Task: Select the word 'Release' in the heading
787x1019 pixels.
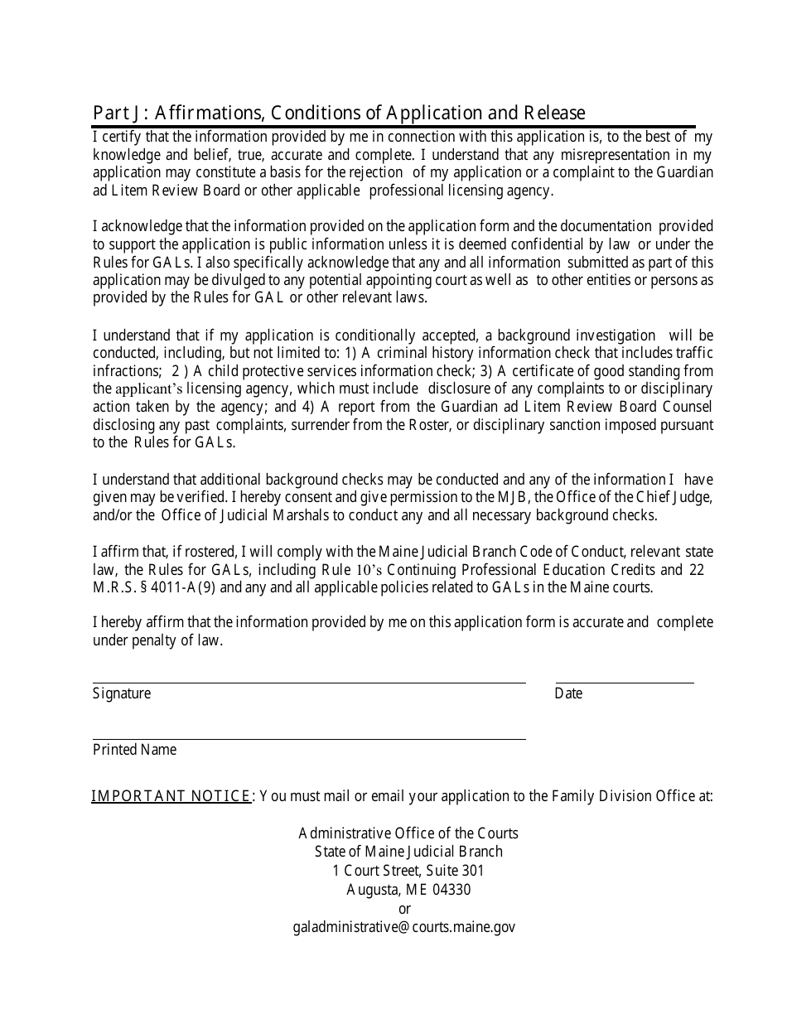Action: coord(555,113)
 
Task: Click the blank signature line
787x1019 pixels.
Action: coord(308,681)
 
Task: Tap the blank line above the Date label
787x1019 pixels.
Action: coord(624,681)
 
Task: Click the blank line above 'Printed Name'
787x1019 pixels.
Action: coord(308,737)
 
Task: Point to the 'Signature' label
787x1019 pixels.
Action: coord(122,693)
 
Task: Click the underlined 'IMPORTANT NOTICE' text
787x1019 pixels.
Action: coord(171,796)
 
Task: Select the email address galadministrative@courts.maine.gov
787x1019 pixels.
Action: coord(404,927)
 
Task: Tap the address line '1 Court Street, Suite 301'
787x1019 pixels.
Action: coord(408,871)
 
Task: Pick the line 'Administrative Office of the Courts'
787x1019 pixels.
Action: coord(408,833)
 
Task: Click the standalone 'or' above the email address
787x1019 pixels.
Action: coord(404,909)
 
